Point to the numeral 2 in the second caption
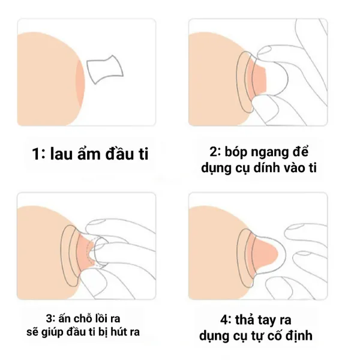tap(214, 152)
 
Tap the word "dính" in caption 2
tap(266, 167)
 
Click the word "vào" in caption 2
tap(295, 167)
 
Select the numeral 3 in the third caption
tap(49, 319)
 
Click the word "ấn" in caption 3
tap(65, 318)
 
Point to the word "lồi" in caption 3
tap(100, 317)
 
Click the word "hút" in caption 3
tap(118, 332)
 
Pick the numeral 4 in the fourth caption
tap(224, 320)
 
